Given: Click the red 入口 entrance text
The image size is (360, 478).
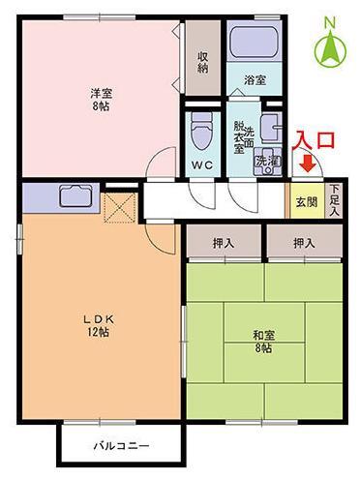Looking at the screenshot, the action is click(314, 139).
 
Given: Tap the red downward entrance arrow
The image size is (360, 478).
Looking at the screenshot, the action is click(308, 164).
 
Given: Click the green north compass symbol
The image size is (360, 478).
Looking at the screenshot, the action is click(331, 49).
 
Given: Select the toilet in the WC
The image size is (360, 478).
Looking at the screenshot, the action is click(202, 132).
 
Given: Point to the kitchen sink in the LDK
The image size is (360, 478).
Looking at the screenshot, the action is click(75, 195).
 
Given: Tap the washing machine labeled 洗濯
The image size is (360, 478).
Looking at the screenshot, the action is click(268, 162).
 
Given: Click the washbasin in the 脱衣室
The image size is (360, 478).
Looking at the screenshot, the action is click(271, 129).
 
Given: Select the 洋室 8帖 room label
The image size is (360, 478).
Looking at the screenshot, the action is click(101, 100).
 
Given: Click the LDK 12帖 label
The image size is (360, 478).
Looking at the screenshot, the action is click(99, 325).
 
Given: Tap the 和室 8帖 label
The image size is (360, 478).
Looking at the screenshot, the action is click(263, 342).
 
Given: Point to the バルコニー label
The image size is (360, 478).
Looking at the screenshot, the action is click(122, 446).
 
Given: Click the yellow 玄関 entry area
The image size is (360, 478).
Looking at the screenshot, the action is click(307, 201).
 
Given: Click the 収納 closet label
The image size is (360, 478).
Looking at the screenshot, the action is click(203, 62).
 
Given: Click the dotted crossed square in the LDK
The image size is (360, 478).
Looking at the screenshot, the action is click(119, 208).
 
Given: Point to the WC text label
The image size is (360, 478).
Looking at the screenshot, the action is click(202, 165).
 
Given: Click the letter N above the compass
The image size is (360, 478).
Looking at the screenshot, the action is click(330, 22).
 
